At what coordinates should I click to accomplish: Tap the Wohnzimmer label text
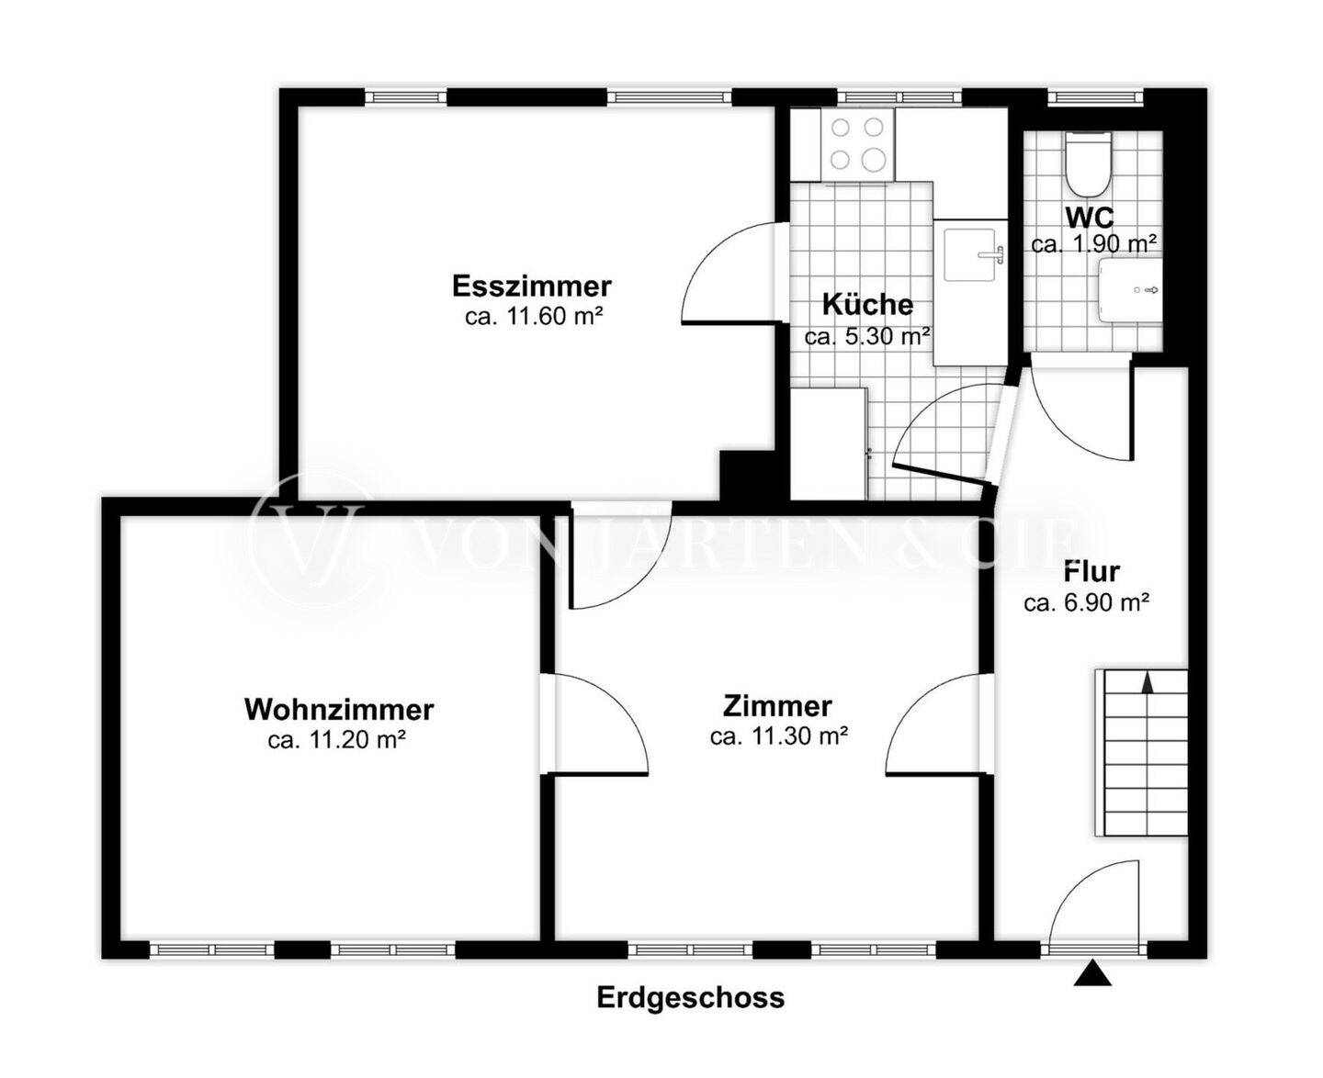pyautogui.click(x=339, y=710)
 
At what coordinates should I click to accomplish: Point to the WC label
pyautogui.click(x=1090, y=217)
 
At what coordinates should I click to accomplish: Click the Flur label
pyautogui.click(x=1091, y=571)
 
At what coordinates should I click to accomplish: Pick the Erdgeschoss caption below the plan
pyautogui.click(x=691, y=996)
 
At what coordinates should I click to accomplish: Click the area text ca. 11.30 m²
pyautogui.click(x=779, y=736)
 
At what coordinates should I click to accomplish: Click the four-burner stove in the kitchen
pyautogui.click(x=857, y=144)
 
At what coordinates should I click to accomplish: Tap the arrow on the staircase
pyautogui.click(x=1148, y=681)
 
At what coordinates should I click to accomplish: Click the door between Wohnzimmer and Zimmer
pyautogui.click(x=594, y=724)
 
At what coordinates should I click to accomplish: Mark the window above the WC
pyautogui.click(x=1095, y=96)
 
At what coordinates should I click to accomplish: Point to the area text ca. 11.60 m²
pyautogui.click(x=534, y=316)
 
